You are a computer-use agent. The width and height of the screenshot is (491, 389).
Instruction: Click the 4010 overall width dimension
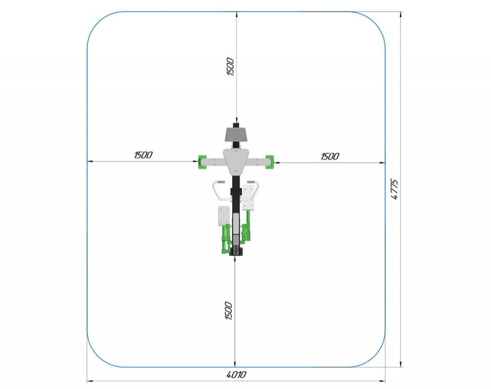[x=236, y=374]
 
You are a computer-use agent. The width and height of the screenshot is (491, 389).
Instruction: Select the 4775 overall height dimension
[x=395, y=189]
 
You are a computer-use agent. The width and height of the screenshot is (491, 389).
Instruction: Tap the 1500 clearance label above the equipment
[x=230, y=66]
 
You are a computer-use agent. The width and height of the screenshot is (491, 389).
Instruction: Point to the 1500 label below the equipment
[x=229, y=311]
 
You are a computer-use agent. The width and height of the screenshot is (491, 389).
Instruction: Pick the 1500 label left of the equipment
[x=143, y=155]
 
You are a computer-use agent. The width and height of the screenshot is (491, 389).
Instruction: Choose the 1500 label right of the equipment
[x=330, y=156]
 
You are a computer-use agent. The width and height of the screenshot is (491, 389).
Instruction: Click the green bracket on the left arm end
[x=202, y=162]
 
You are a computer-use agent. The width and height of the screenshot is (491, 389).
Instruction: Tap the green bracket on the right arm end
[x=269, y=162]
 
